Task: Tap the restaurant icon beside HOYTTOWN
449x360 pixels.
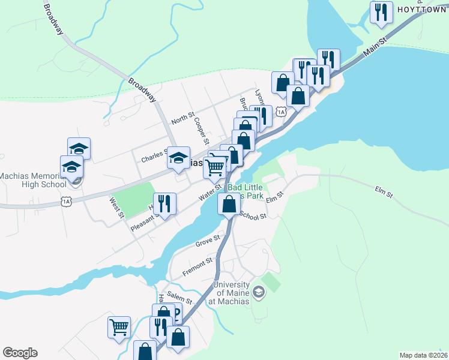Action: pyautogui.click(x=381, y=13)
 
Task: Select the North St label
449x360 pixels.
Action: pyautogui.click(x=183, y=120)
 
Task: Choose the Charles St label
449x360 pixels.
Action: pyautogui.click(x=153, y=157)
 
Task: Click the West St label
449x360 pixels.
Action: pyautogui.click(x=116, y=207)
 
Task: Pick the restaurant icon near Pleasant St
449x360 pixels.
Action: pyautogui.click(x=164, y=203)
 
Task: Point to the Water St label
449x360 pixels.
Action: pyautogui.click(x=211, y=193)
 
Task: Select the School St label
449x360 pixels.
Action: pyautogui.click(x=252, y=216)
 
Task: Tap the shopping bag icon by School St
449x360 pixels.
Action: pyautogui.click(x=229, y=205)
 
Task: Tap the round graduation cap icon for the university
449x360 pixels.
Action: pyautogui.click(x=259, y=292)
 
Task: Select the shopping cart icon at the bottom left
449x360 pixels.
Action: pyautogui.click(x=119, y=328)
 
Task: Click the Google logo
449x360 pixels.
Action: pyautogui.click(x=20, y=353)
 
